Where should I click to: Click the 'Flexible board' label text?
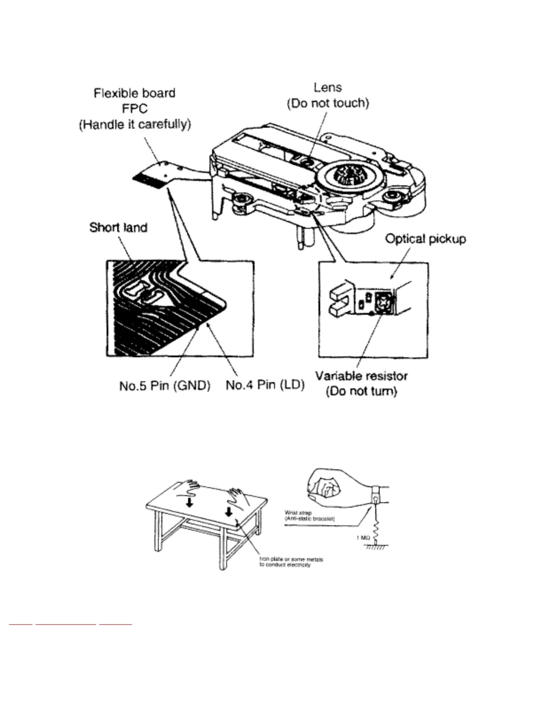134,93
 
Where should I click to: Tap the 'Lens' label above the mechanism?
328,87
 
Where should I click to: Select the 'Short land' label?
118,227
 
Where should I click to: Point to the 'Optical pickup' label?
425,239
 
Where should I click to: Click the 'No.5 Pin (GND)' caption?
165,385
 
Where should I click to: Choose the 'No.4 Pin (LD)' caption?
265,385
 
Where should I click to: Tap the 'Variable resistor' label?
361,376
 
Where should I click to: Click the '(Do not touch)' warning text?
328,103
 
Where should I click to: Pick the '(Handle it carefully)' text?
135,125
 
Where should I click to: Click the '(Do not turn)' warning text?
361,392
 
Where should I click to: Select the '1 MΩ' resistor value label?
363,538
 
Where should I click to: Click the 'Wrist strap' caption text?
298,513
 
